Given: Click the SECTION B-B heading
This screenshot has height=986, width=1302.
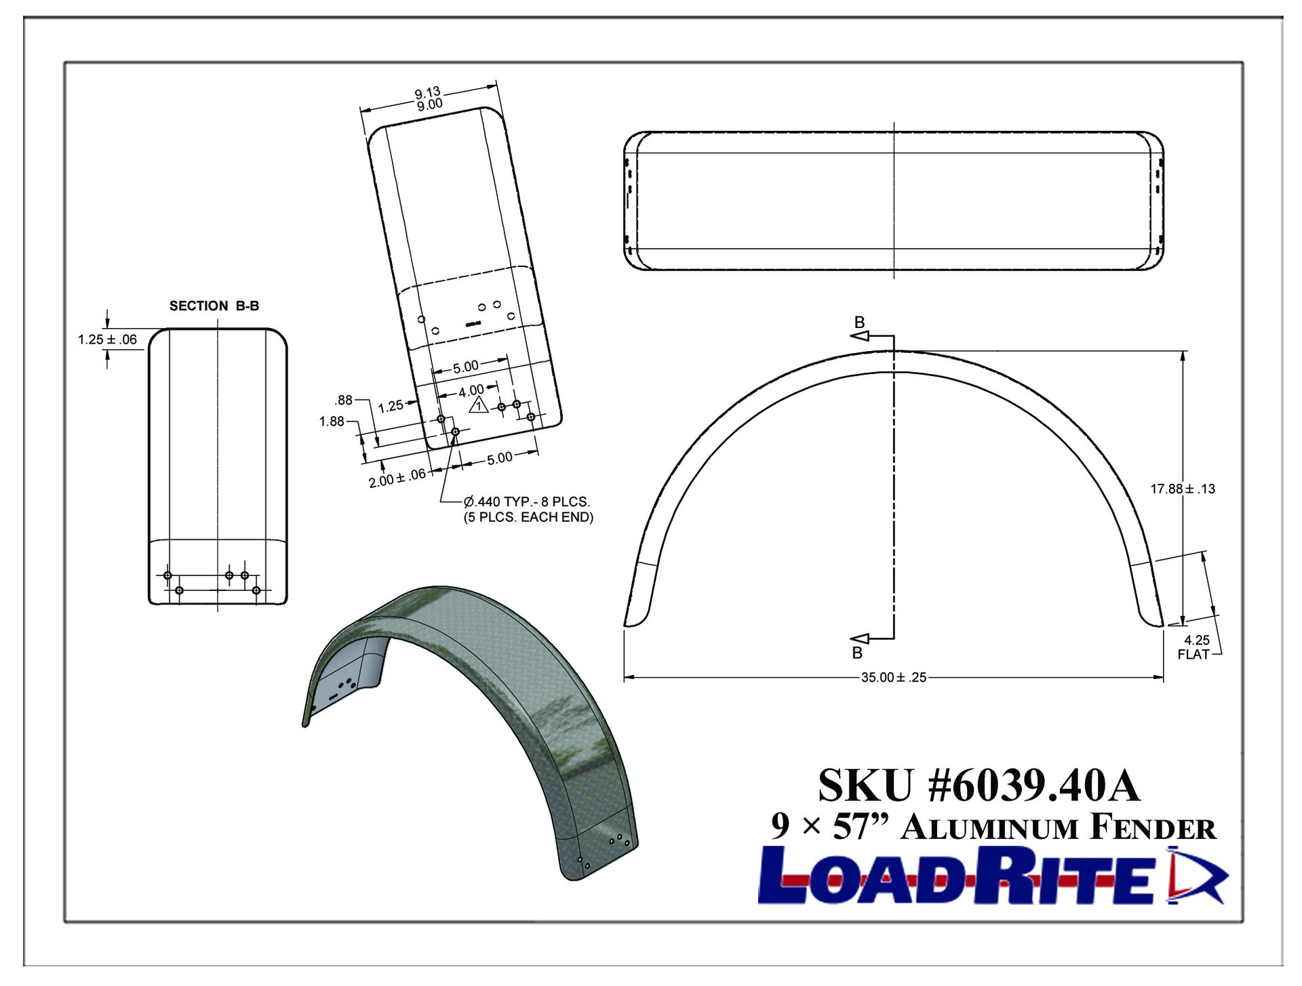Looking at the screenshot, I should [x=214, y=306].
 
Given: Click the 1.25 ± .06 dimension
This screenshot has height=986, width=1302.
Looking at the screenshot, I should [x=107, y=340].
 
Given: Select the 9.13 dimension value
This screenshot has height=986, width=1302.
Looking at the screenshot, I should [x=427, y=92].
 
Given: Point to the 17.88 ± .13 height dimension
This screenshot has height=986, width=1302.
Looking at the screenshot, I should [x=1183, y=489].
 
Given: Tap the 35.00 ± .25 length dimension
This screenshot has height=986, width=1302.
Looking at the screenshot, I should [x=893, y=677].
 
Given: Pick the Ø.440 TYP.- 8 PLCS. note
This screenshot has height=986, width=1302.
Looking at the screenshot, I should [x=527, y=501].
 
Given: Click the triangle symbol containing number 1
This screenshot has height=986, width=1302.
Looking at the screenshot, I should [x=479, y=406].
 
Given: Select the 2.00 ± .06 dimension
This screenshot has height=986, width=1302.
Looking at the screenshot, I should [x=397, y=478].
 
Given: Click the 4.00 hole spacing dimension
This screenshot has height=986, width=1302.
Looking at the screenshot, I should [x=471, y=391].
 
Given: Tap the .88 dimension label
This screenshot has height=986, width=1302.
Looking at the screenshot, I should [x=344, y=400].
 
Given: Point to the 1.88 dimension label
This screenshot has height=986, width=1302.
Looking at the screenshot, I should [x=332, y=422].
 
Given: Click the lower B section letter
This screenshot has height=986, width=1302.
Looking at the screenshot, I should [x=857, y=653].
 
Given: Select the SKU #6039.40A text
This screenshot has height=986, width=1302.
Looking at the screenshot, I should [x=979, y=785].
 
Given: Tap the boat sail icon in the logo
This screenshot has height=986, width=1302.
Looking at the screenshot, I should [x=1195, y=876].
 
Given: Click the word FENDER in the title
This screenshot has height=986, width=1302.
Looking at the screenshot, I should [x=1153, y=828].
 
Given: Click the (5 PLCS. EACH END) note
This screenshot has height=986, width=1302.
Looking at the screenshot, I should [x=528, y=517].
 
